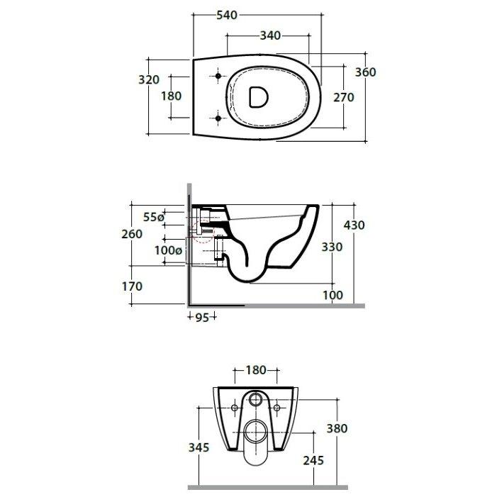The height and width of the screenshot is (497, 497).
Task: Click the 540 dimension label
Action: (x=227, y=15)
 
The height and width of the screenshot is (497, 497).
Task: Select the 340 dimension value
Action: (x=270, y=35)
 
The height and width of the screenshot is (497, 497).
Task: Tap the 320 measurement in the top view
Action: (x=149, y=79)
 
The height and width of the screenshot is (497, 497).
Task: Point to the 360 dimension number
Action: (x=365, y=72)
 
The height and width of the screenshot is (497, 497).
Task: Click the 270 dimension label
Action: (x=344, y=97)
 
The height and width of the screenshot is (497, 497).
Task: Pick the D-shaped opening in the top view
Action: (x=258, y=96)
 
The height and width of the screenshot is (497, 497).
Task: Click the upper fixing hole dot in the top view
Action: (x=218, y=76)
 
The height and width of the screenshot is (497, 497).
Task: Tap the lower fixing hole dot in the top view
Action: (x=218, y=118)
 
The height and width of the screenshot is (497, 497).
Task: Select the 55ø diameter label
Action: (x=154, y=217)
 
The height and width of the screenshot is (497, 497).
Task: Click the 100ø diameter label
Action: (x=168, y=250)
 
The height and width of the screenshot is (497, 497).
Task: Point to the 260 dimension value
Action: (x=132, y=234)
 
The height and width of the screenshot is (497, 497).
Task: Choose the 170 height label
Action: (x=132, y=286)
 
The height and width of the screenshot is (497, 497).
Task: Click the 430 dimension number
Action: (x=354, y=225)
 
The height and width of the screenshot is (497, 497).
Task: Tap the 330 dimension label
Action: (x=332, y=247)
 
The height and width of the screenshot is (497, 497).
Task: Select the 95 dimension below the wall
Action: (x=202, y=318)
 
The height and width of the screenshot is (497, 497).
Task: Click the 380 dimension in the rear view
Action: (x=337, y=428)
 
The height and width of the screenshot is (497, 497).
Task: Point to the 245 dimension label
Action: (x=313, y=461)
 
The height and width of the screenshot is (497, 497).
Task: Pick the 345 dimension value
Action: (x=199, y=447)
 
